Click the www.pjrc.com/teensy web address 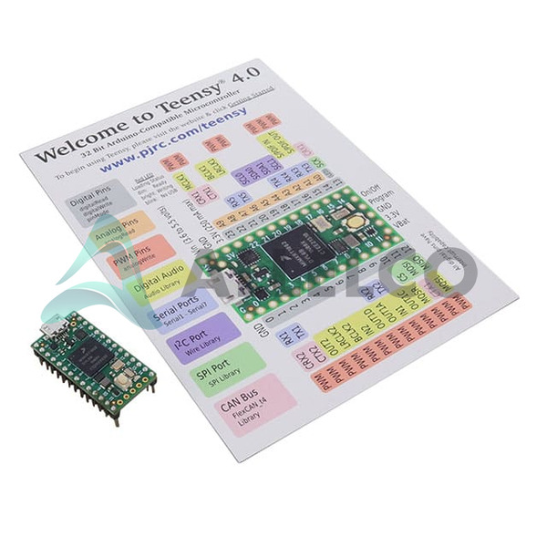click(x=162, y=150)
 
